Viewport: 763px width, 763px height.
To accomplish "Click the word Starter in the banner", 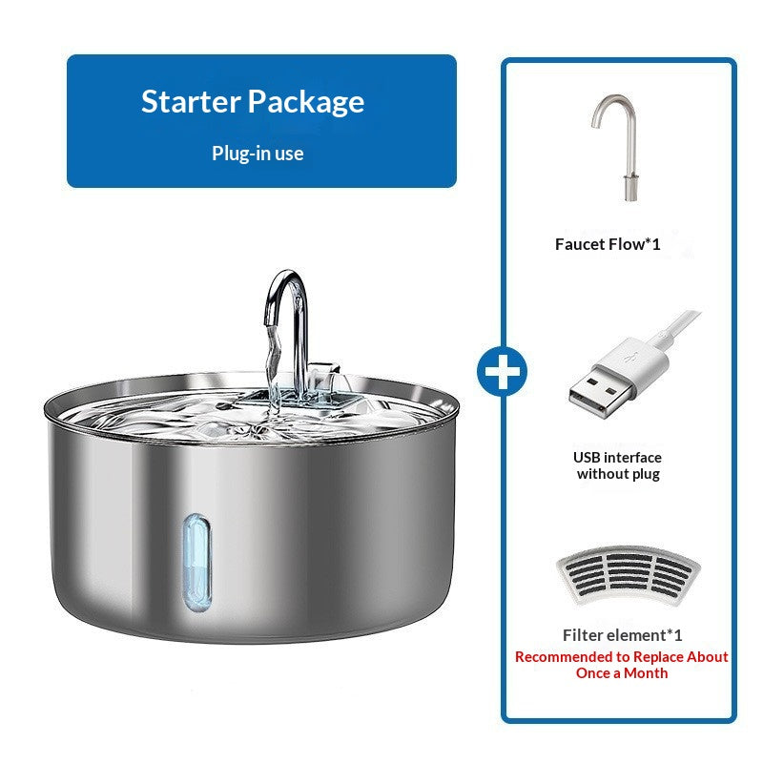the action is tap(191, 101).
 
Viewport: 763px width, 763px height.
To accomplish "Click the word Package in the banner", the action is tap(306, 103).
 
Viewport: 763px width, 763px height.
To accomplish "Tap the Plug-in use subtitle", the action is tap(258, 154).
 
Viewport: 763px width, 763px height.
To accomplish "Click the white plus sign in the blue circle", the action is tap(503, 372).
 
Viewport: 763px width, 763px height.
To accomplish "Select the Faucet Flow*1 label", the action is tap(608, 244).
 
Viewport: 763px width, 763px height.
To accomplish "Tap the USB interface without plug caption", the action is tap(617, 465).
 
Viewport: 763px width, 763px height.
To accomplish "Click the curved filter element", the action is tap(629, 575).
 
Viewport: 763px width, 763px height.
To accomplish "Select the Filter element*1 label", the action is tap(623, 635).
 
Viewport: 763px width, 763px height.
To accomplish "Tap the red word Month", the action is tap(646, 673).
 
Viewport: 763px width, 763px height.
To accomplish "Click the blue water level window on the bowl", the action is tap(197, 563).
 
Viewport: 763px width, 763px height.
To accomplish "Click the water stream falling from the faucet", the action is tap(274, 370).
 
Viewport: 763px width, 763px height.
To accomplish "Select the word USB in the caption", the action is tap(587, 458).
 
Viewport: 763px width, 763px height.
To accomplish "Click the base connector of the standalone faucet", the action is tap(630, 188).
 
